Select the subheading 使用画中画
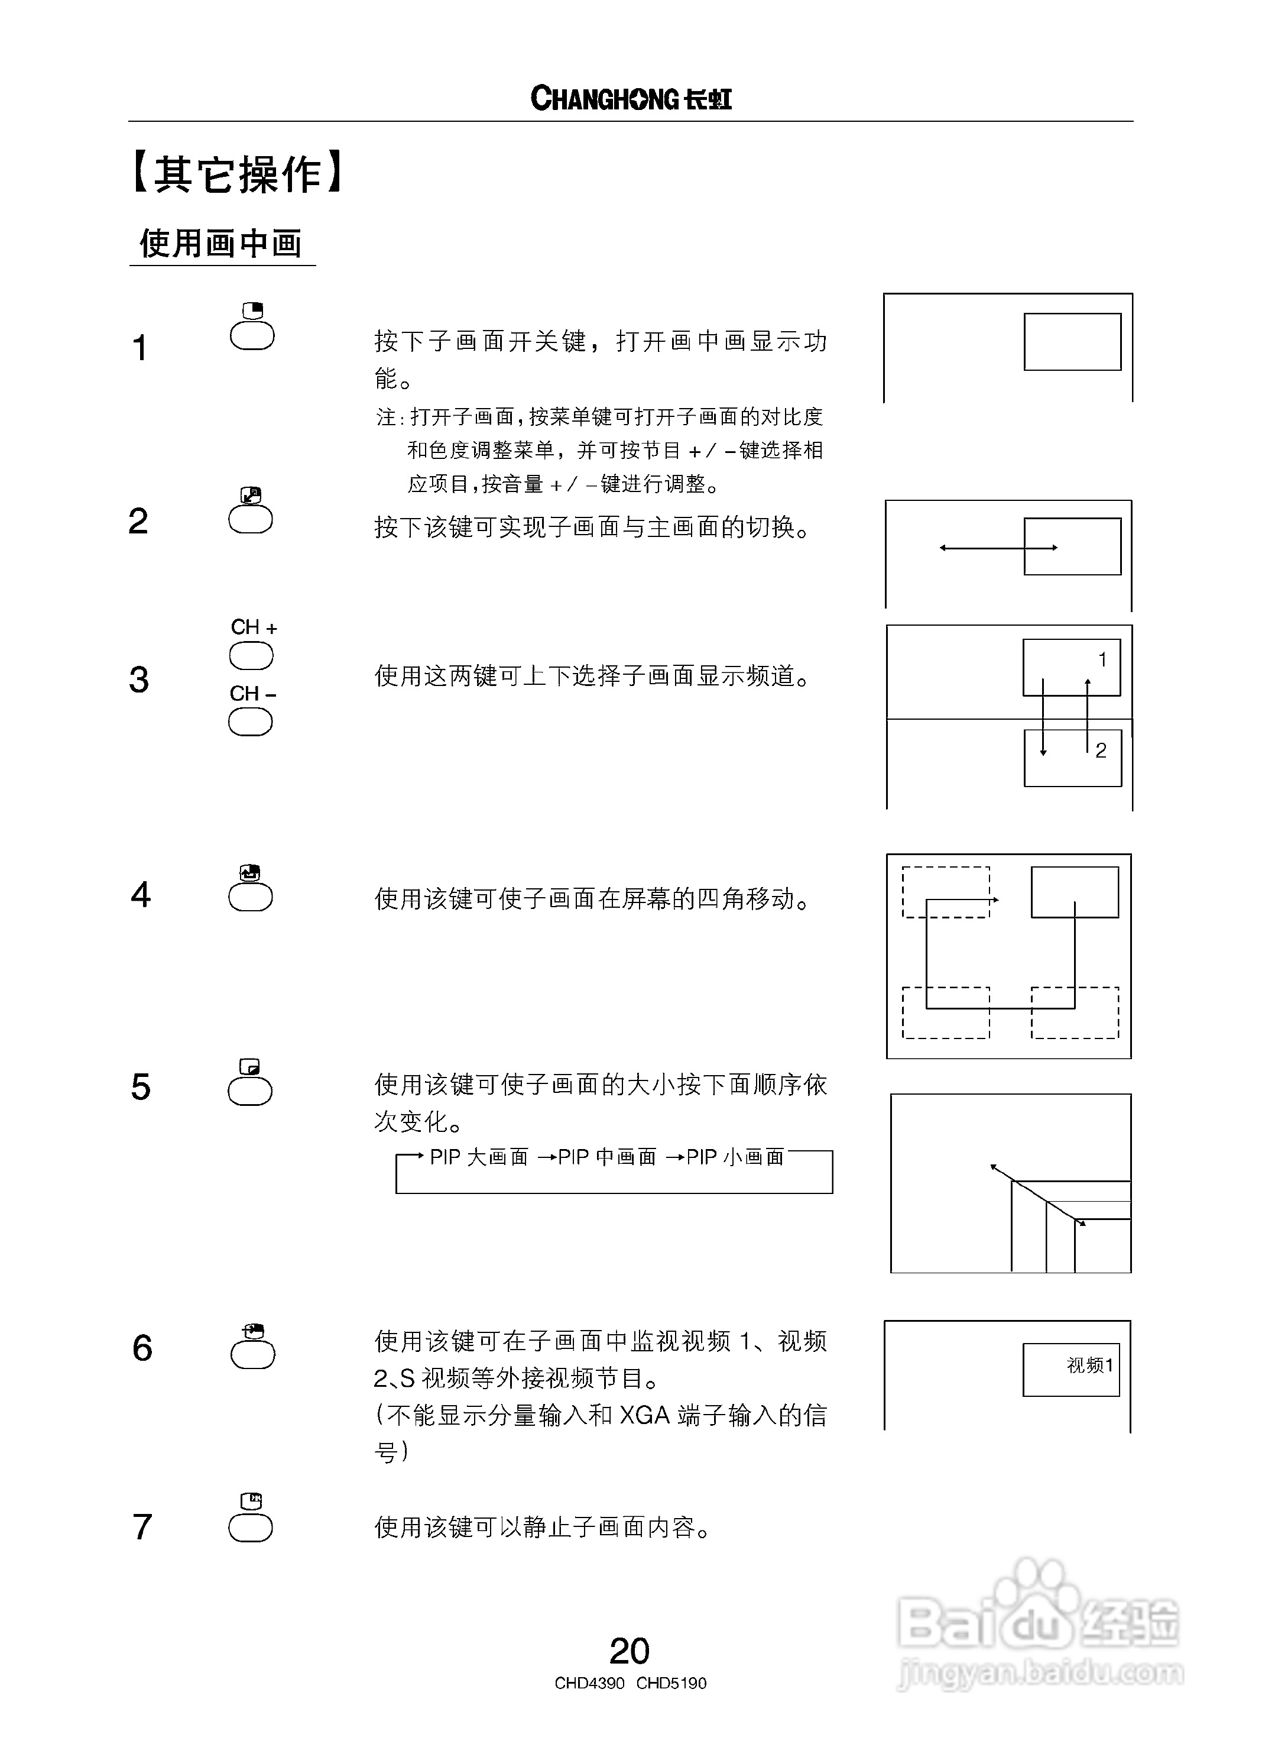click(220, 244)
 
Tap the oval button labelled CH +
click(251, 656)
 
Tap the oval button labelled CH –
click(251, 722)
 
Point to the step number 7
click(142, 1526)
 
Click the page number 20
click(630, 1650)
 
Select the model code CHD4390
click(589, 1683)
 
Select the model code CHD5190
click(671, 1683)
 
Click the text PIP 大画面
click(479, 1157)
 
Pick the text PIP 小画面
click(735, 1157)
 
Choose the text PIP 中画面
click(607, 1157)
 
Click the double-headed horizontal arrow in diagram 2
click(998, 548)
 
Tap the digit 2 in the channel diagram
click(1101, 750)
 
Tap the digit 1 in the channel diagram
click(1102, 660)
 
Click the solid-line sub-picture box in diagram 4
click(1075, 892)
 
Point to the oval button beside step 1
click(252, 335)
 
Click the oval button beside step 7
click(251, 1529)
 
